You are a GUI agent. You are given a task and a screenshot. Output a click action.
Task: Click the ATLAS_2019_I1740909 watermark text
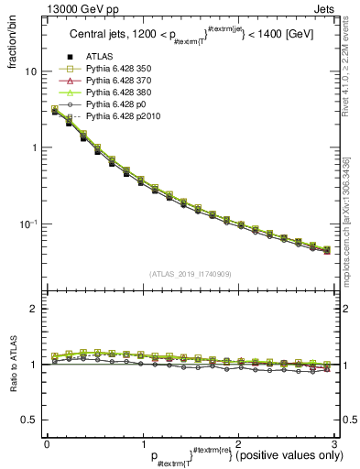coord(190,274)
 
